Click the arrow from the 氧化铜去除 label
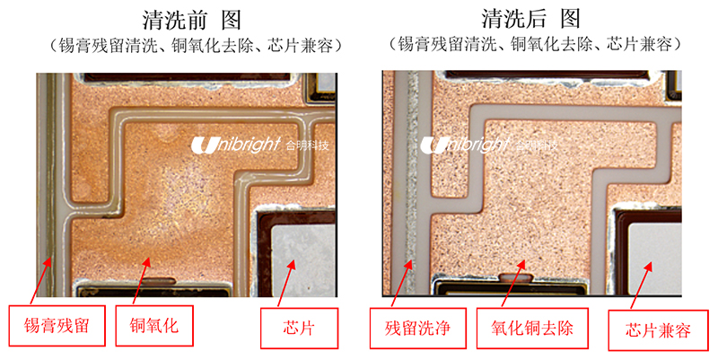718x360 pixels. (x=512, y=286)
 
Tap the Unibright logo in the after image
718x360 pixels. (x=490, y=145)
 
